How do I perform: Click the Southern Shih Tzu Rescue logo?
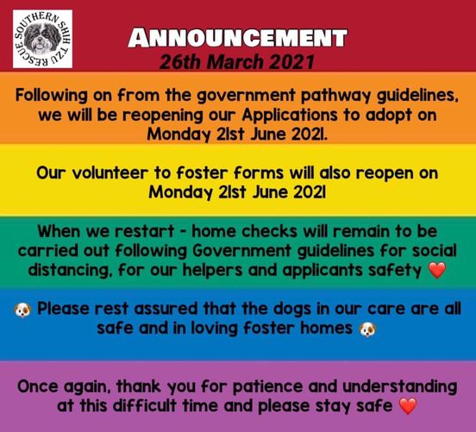(42, 39)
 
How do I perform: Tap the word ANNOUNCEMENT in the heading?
(237, 38)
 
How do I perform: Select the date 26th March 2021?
(237, 62)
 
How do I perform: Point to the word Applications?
(290, 116)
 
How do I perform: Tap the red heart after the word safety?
(437, 270)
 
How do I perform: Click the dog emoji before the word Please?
(22, 310)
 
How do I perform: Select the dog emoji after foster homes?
(367, 329)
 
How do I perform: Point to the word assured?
(166, 310)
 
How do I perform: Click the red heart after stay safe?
(407, 406)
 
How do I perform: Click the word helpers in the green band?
(212, 270)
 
